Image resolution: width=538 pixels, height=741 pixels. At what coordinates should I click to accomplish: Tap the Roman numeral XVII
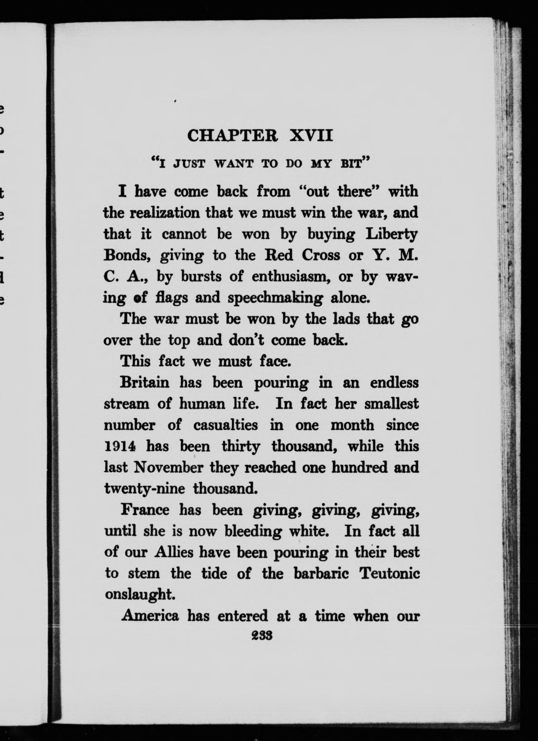(x=311, y=136)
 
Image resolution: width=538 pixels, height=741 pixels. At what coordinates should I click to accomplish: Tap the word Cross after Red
(x=321, y=255)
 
